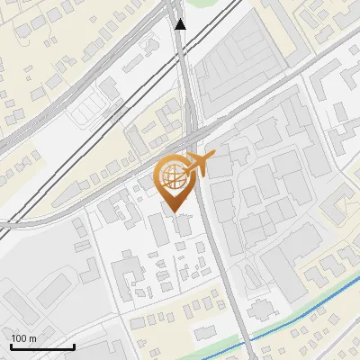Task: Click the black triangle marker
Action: pyautogui.click(x=181, y=24)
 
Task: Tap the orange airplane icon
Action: pyautogui.click(x=200, y=164)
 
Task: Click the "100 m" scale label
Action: pyautogui.click(x=23, y=338)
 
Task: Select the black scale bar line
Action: pyautogui.click(x=42, y=346)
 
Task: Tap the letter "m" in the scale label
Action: pyautogui.click(x=33, y=338)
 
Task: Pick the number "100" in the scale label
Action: pyautogui.click(x=19, y=338)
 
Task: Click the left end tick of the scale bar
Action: pyautogui.click(x=11, y=345)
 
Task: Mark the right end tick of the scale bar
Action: pyautogui.click(x=74, y=345)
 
